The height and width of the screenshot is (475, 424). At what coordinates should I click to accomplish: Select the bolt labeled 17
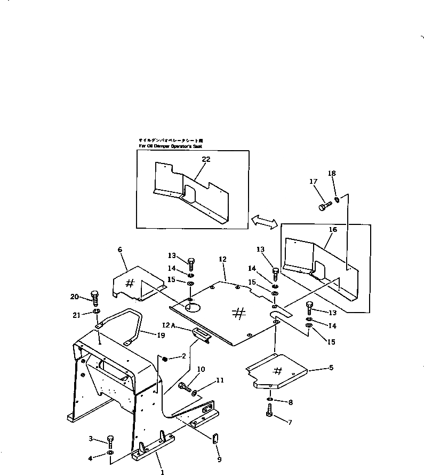pyautogui.click(x=323, y=207)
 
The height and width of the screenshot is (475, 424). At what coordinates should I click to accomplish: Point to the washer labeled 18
pyautogui.click(x=337, y=200)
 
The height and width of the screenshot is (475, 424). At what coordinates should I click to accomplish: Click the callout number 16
pyautogui.click(x=333, y=230)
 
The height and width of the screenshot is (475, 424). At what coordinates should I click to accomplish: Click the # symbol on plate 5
pyautogui.click(x=278, y=370)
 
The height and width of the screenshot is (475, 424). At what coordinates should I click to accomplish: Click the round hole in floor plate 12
pyautogui.click(x=192, y=306)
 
